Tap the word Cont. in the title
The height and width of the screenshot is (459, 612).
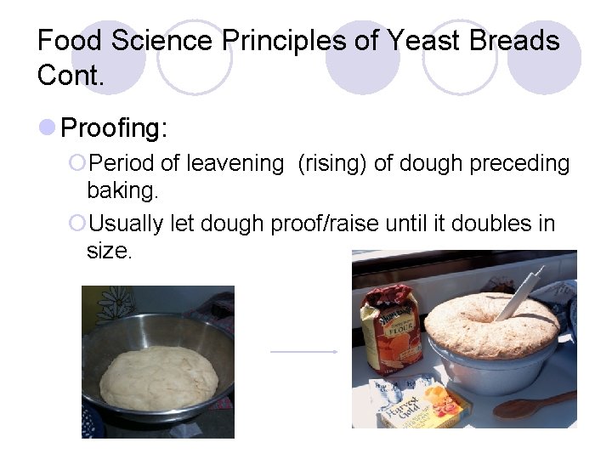coord(71,76)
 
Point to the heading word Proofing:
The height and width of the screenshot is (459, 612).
coord(115,128)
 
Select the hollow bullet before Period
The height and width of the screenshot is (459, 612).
coord(77,163)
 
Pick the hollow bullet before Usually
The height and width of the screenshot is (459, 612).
coord(77,224)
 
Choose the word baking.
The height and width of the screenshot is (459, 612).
coord(122,190)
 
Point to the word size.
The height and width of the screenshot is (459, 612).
coord(109,252)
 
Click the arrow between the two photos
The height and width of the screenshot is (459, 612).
coord(304,350)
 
